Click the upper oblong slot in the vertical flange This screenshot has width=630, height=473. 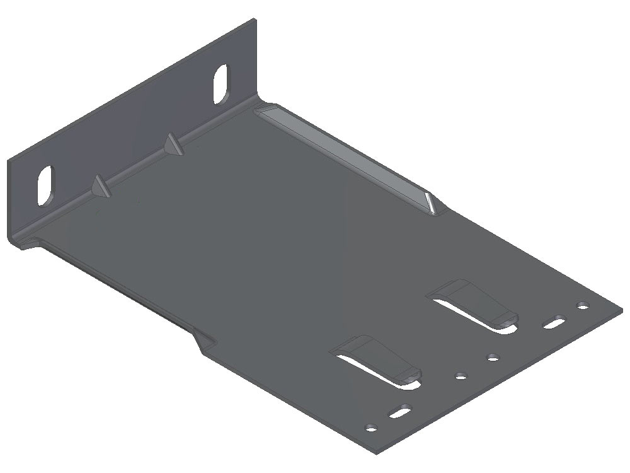tap(221, 85)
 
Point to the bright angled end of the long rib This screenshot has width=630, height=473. tap(431, 202)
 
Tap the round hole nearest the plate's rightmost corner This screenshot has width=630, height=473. tap(583, 307)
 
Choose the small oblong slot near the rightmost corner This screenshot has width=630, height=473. tap(554, 322)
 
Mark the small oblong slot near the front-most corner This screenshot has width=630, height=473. tap(399, 414)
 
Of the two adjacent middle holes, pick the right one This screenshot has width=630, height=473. tap(492, 359)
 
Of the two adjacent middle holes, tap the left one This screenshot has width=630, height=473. tap(461, 377)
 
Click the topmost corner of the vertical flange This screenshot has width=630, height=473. tap(256, 20)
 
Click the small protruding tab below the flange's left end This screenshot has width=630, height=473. tap(28, 243)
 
